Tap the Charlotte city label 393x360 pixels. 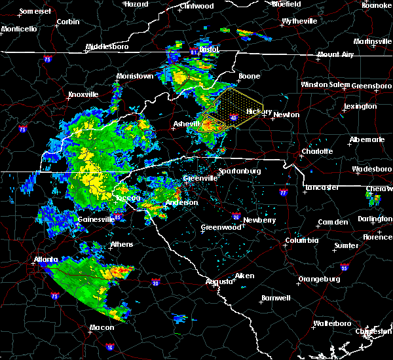(317, 151)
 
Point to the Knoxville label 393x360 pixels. (83, 94)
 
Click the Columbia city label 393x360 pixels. (301, 240)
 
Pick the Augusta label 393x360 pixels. (219, 281)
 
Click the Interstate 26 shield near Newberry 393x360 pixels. (235, 215)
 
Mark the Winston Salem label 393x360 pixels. (326, 84)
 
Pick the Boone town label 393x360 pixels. (249, 76)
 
